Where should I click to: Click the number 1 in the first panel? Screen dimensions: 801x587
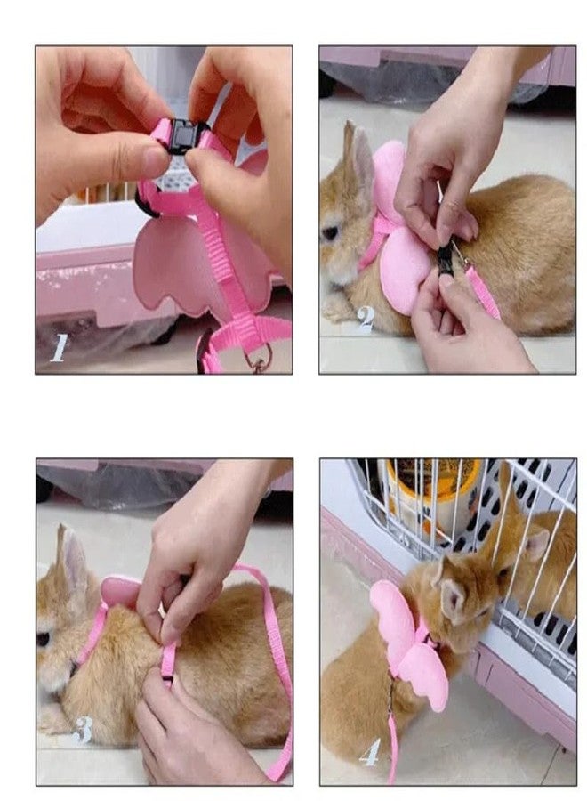pyautogui.click(x=59, y=346)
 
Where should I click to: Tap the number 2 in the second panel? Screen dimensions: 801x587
pyautogui.click(x=365, y=318)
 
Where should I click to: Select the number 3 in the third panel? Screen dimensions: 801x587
pyautogui.click(x=83, y=730)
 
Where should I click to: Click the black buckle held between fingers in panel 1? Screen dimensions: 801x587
pyautogui.click(x=182, y=137)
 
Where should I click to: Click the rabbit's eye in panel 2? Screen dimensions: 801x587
pyautogui.click(x=330, y=233)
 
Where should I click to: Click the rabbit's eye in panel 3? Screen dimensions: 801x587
pyautogui.click(x=43, y=639)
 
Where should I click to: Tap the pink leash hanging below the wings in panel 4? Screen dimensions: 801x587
pyautogui.click(x=391, y=739)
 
